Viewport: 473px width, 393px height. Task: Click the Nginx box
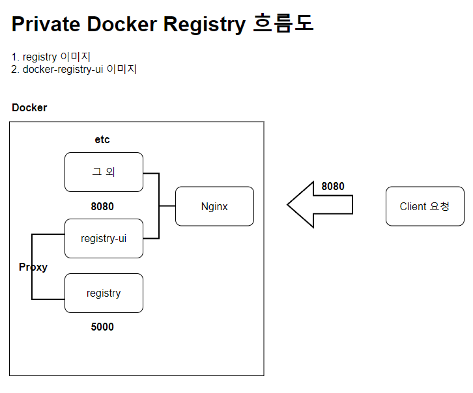(214, 206)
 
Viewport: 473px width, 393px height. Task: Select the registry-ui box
(104, 238)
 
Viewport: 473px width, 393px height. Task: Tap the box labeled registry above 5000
(104, 293)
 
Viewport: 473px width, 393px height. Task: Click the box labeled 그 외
(104, 172)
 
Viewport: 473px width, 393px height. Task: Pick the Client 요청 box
(424, 206)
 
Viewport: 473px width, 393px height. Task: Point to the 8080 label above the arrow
(333, 186)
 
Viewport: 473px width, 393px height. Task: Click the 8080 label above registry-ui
(102, 207)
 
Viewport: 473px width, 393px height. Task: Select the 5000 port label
(102, 327)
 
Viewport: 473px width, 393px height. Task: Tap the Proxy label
(33, 267)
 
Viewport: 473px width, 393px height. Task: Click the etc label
(102, 139)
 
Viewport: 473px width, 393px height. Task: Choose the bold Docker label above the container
(29, 107)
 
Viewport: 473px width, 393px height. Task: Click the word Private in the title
(46, 24)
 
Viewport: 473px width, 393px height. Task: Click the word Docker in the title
(122, 24)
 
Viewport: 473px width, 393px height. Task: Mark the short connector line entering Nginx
(167, 206)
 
